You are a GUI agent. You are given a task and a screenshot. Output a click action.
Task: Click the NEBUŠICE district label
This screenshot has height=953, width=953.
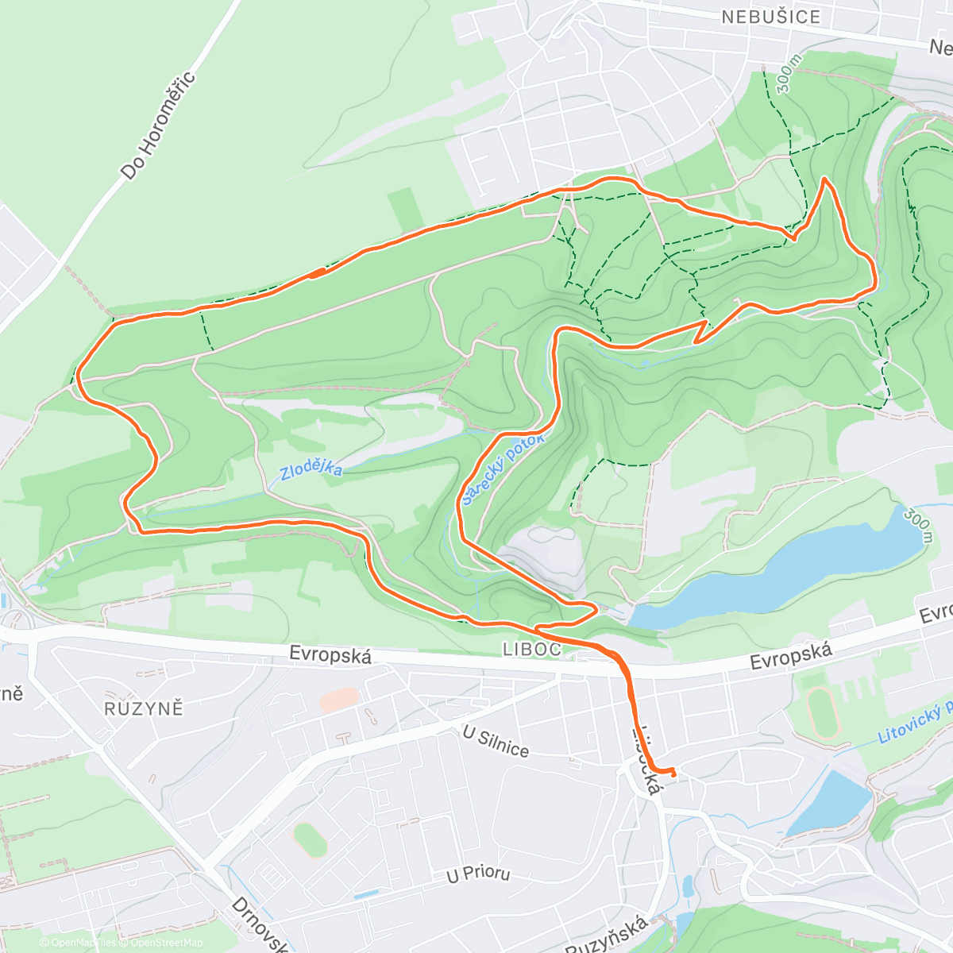click(x=770, y=17)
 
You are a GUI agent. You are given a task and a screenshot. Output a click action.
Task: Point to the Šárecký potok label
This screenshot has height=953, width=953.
click(x=504, y=469)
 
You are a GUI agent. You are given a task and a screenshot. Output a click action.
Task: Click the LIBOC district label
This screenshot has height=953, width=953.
click(x=532, y=650)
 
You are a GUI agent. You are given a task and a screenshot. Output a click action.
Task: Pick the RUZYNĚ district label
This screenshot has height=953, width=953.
click(x=144, y=708)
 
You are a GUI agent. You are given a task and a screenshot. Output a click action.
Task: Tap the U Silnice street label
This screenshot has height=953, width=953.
click(x=496, y=742)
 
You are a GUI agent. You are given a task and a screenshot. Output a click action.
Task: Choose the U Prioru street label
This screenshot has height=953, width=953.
click(x=478, y=874)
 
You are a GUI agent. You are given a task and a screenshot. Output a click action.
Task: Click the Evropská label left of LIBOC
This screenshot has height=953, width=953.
click(x=330, y=655)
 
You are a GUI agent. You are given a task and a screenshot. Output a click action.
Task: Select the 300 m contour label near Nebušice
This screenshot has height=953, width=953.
click(x=789, y=75)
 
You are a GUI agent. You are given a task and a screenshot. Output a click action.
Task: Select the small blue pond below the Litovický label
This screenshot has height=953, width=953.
click(x=830, y=802)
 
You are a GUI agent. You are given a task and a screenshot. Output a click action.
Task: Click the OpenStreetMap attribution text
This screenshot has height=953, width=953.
click(x=166, y=943)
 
